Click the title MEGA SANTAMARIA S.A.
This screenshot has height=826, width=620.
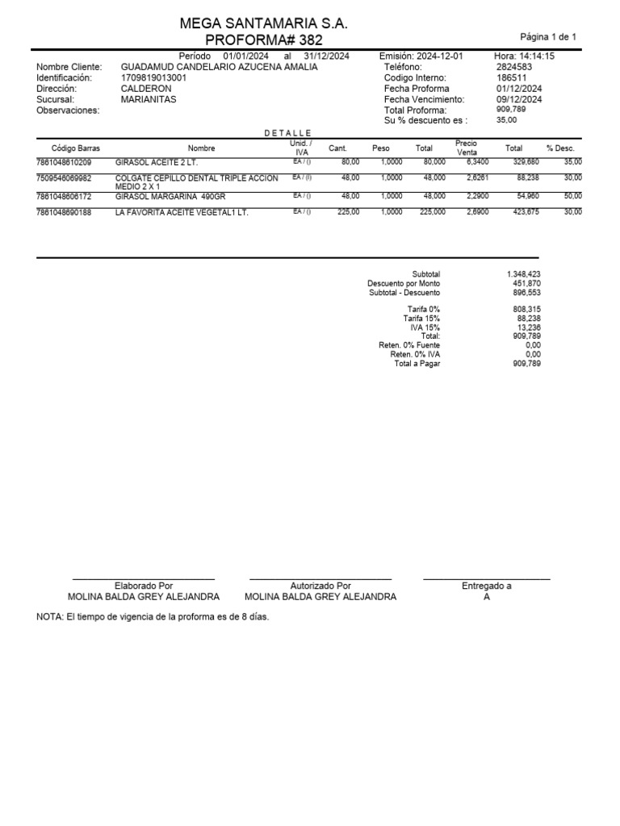click(x=264, y=24)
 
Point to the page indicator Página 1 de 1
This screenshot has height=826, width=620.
click(x=548, y=37)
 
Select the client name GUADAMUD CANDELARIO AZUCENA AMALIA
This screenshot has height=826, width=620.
click(x=219, y=67)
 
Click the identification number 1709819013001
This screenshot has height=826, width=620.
click(x=153, y=78)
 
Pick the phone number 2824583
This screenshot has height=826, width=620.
click(x=513, y=67)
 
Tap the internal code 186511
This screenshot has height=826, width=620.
click(x=511, y=78)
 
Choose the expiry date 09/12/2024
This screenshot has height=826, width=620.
click(x=518, y=99)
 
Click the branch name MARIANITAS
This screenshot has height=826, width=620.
click(x=149, y=99)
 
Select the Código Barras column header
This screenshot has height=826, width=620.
click(x=75, y=148)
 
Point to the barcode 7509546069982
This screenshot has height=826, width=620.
click(x=64, y=177)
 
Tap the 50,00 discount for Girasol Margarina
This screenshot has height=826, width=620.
click(x=572, y=196)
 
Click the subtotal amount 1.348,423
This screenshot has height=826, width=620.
click(x=523, y=274)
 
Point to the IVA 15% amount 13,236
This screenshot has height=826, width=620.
click(x=527, y=327)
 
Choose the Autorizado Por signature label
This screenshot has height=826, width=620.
click(x=320, y=586)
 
